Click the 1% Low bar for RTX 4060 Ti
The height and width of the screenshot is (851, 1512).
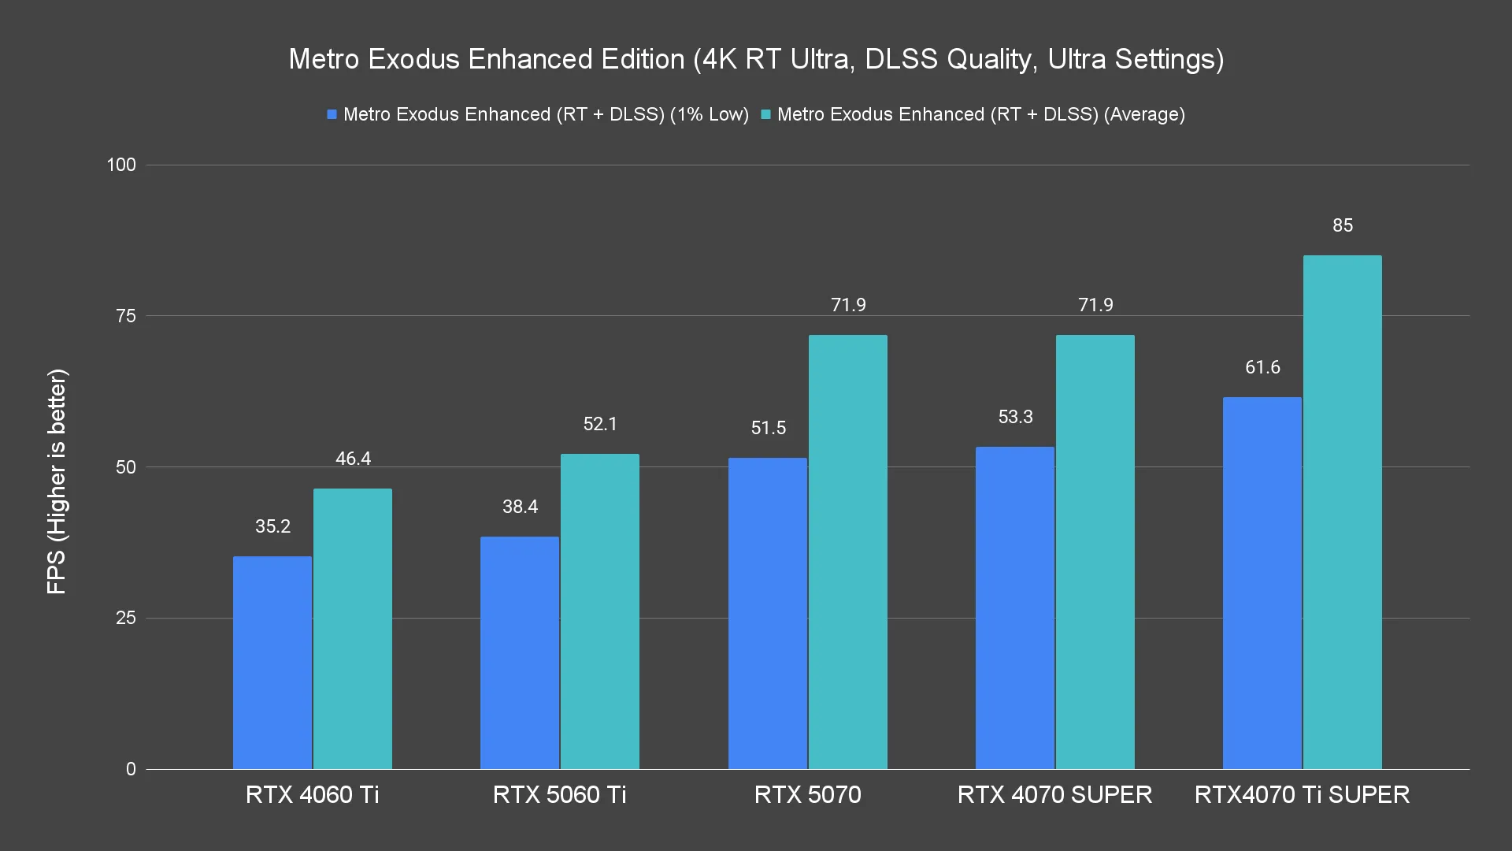tap(272, 663)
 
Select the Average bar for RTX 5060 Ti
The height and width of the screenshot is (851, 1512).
tap(599, 611)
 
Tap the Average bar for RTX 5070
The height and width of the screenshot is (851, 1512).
tap(847, 552)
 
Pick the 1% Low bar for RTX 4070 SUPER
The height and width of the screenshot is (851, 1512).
tap(1014, 608)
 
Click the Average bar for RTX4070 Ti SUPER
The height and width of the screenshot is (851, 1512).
tap(1342, 512)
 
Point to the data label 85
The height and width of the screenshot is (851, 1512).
tap(1343, 225)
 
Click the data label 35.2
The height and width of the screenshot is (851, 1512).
tap(272, 526)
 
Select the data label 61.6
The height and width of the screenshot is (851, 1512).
tap(1262, 367)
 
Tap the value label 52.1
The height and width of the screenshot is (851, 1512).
tap(600, 424)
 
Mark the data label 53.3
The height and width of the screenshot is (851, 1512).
tap(1015, 417)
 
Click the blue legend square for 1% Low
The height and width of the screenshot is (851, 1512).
tap(332, 115)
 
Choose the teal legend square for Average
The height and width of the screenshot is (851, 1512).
tap(765, 115)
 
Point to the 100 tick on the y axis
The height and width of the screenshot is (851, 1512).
tap(121, 165)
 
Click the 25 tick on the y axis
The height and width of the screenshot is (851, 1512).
tap(126, 618)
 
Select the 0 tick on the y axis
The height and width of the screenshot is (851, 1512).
tap(131, 769)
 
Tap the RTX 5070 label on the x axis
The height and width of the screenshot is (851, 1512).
tap(807, 794)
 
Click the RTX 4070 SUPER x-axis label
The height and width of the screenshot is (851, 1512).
tap(1054, 794)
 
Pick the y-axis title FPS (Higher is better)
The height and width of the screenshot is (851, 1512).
tap(57, 481)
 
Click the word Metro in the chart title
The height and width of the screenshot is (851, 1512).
tap(323, 59)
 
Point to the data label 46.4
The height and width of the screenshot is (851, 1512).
tap(353, 459)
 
